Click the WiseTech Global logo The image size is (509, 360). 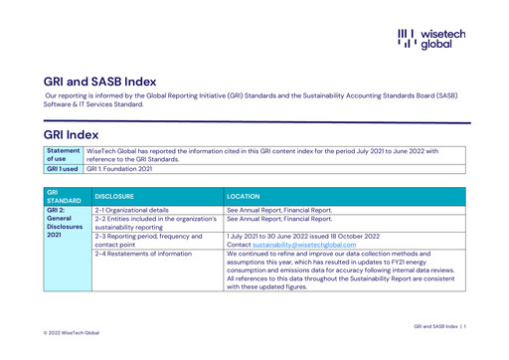point(430,39)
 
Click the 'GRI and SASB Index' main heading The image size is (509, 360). point(99,82)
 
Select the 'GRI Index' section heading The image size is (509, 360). point(71,134)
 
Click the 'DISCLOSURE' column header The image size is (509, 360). point(115,196)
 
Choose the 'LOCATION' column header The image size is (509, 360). point(244,196)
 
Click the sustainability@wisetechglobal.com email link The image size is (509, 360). point(304,244)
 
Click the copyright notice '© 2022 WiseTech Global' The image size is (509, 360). point(72,332)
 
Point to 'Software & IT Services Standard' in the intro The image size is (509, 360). point(91,104)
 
